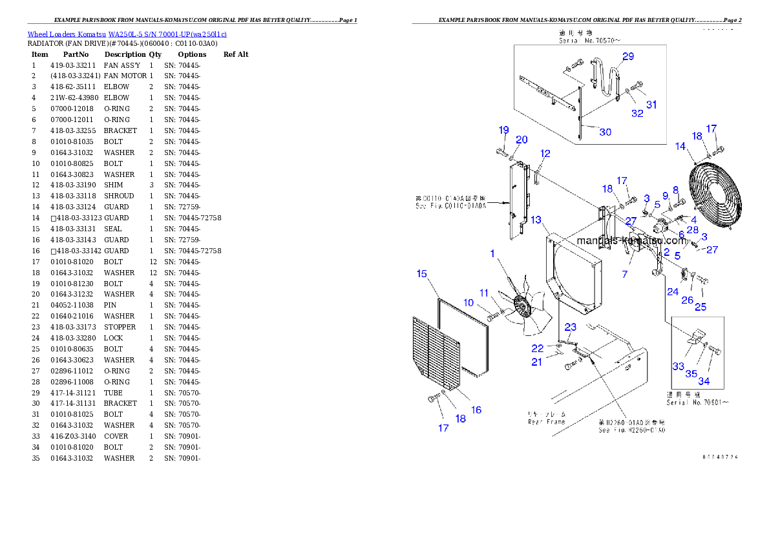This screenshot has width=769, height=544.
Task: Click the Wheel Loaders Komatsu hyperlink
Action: click(x=127, y=34)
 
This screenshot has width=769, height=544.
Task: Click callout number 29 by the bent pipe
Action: click(x=628, y=57)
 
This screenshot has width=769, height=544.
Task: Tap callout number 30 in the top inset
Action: click(x=605, y=132)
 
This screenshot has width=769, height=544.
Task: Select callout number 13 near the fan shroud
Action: click(x=536, y=220)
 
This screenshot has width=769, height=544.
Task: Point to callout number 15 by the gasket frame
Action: click(x=421, y=274)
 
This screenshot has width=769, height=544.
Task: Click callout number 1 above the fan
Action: click(x=492, y=254)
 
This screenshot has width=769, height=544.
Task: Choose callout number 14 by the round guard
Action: click(x=680, y=147)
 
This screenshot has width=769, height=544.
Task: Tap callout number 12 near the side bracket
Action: click(x=545, y=154)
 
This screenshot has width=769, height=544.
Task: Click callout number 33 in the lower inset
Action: click(x=678, y=366)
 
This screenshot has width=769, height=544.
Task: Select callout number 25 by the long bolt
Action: click(x=701, y=306)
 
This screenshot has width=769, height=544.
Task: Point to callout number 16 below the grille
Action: click(x=476, y=410)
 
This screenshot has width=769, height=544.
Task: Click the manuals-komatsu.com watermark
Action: click(x=631, y=240)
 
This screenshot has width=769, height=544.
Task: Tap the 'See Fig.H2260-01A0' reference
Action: click(x=631, y=430)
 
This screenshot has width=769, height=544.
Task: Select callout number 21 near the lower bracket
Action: click(x=537, y=362)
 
